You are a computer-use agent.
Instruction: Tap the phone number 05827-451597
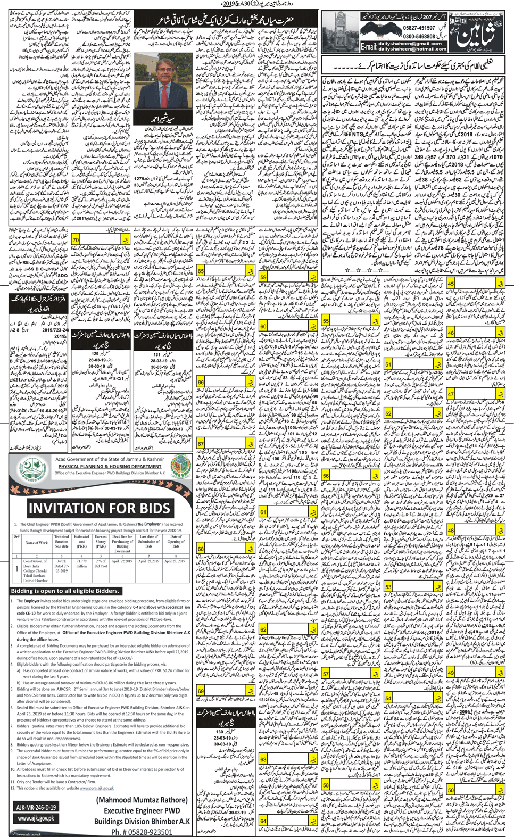click(x=417, y=28)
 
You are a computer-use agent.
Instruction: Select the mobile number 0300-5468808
click(x=417, y=36)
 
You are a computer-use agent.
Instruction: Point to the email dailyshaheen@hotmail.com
click(x=412, y=49)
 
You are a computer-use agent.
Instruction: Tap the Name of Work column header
click(x=36, y=543)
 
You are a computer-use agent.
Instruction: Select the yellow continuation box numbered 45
click(x=450, y=284)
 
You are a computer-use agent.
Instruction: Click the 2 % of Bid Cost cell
click(x=101, y=563)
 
